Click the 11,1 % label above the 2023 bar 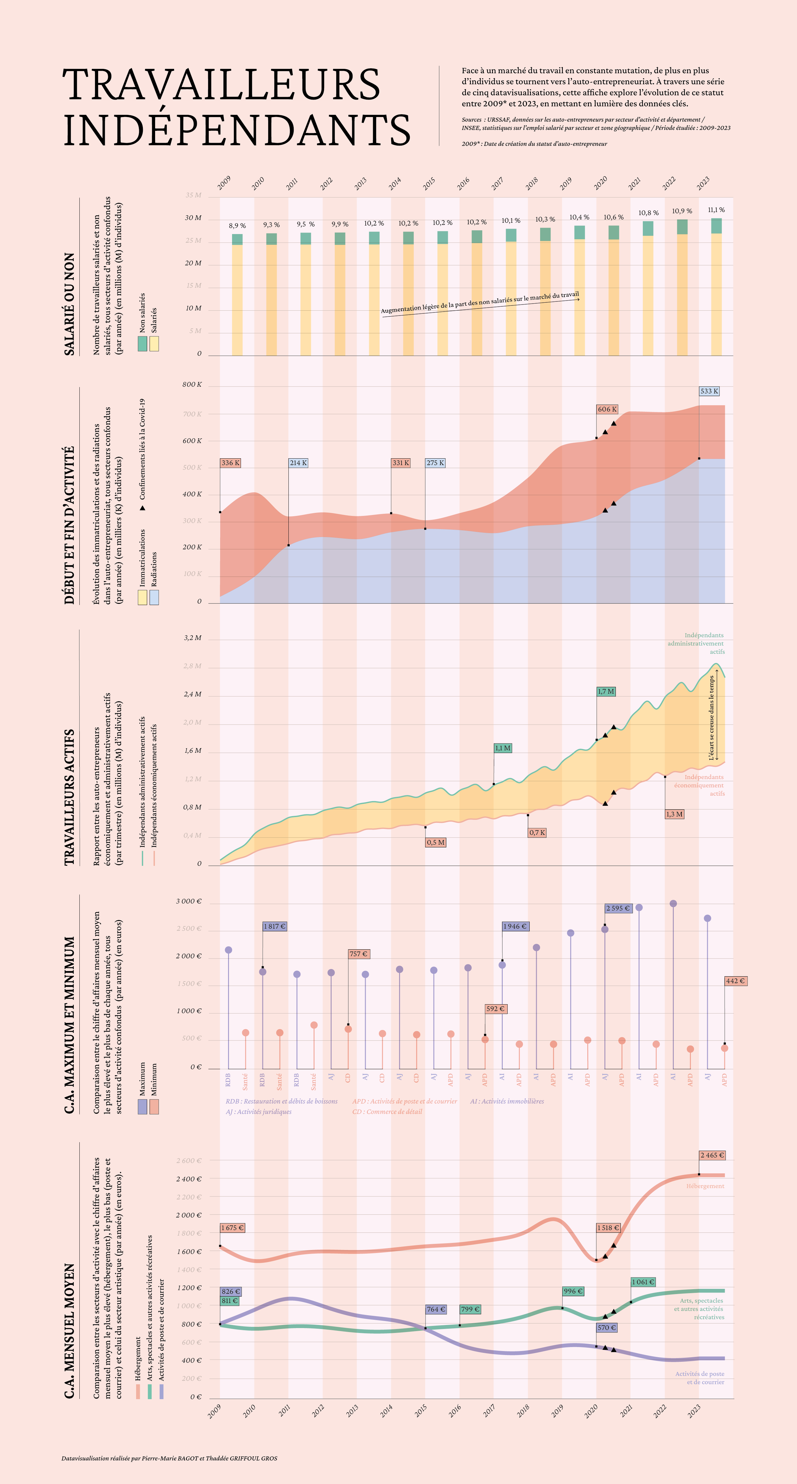[716, 210]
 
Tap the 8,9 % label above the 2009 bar [237, 226]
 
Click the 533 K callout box [709, 391]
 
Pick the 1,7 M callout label [606, 691]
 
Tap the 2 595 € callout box [618, 908]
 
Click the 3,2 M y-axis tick [193, 638]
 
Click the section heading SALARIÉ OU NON [69, 304]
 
